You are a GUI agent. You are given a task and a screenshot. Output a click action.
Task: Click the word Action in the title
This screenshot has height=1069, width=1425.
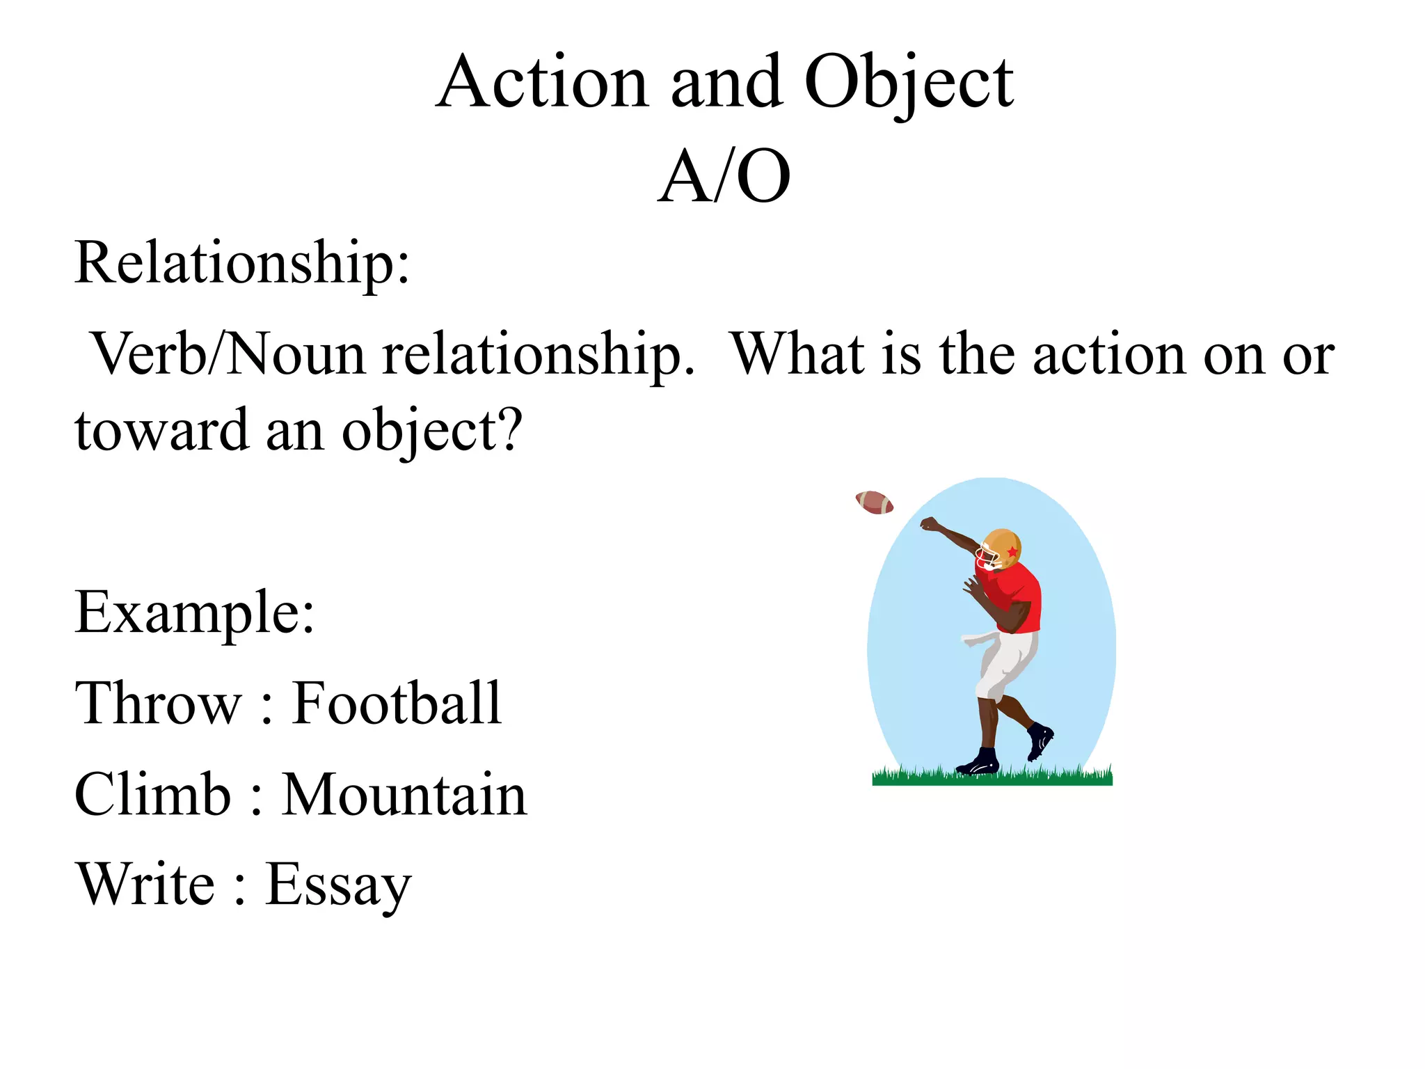543,83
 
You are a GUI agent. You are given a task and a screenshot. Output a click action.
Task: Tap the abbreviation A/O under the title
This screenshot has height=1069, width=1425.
724,177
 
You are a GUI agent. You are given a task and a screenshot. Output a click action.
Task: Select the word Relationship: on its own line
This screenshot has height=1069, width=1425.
242,264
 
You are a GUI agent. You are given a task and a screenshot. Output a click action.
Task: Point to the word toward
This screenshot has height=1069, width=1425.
161,430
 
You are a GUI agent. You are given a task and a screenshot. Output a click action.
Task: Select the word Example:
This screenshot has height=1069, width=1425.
195,612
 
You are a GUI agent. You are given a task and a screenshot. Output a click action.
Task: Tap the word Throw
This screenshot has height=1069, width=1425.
159,703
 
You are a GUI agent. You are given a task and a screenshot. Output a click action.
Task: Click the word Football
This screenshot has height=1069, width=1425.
397,703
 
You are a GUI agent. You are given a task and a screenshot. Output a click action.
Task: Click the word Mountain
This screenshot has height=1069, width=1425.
405,794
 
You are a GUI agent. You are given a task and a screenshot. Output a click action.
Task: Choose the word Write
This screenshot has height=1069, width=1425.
146,885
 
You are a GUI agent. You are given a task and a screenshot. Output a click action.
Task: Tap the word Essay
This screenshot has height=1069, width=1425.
339,886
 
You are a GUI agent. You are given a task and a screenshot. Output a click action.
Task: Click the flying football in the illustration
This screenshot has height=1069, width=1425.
875,502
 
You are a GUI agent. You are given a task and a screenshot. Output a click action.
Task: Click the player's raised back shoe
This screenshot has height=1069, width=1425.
1040,739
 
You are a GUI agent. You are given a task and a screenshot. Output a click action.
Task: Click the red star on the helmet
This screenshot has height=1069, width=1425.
1012,551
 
